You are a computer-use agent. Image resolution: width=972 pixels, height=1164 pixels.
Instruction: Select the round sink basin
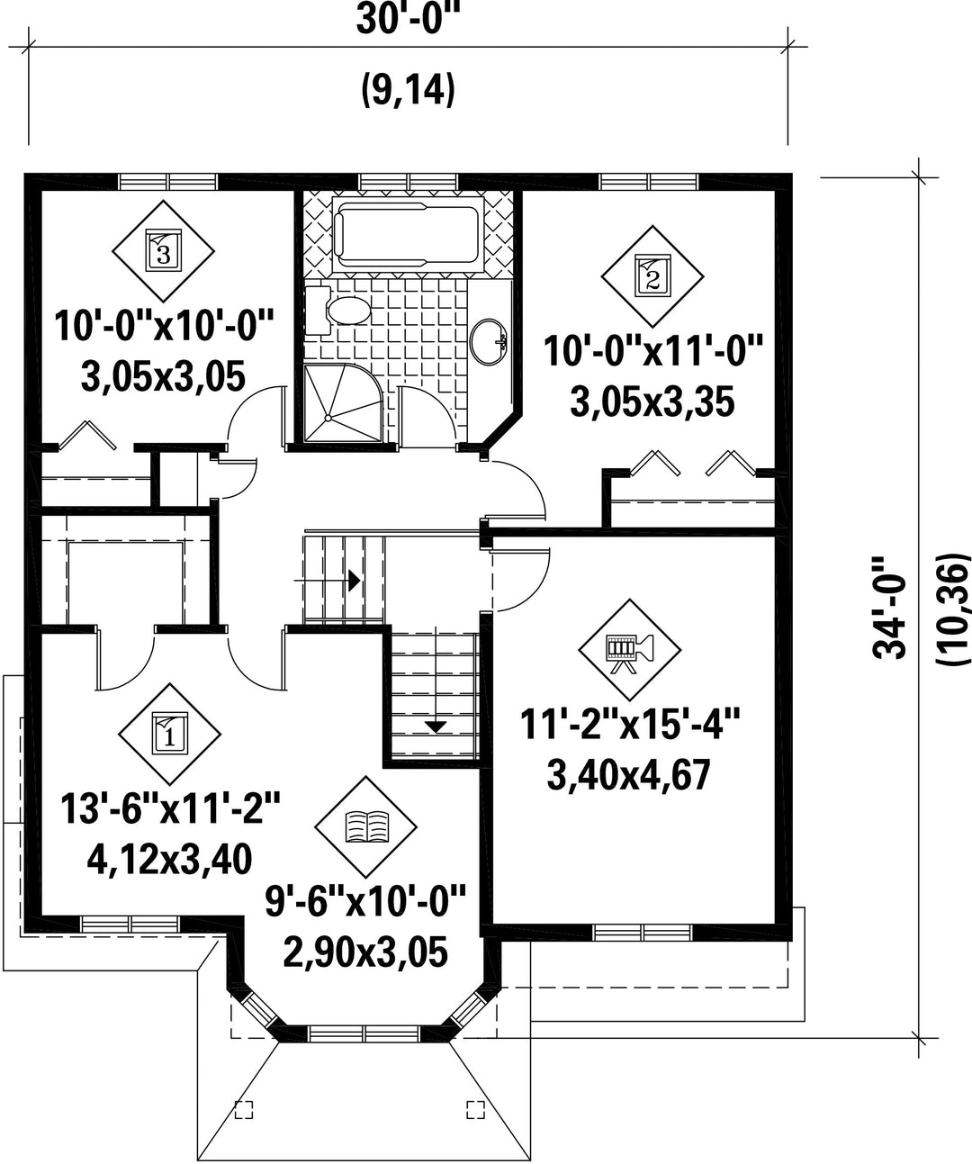489,342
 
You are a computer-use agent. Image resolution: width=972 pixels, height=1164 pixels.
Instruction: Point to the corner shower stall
343,403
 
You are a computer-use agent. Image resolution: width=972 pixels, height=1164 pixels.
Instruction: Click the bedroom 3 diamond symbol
163,250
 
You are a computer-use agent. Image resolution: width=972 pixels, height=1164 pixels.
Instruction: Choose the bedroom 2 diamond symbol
652,276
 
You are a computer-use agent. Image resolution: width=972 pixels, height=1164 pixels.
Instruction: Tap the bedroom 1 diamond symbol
170,735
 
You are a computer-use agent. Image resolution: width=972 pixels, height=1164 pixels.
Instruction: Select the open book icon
366,826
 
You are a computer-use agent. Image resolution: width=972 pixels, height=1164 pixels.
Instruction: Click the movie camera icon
629,649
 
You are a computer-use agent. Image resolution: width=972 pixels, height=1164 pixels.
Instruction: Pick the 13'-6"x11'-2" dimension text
170,808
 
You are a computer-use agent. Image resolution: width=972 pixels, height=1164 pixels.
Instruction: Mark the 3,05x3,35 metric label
652,402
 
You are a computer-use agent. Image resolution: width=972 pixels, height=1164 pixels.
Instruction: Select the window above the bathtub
409,182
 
